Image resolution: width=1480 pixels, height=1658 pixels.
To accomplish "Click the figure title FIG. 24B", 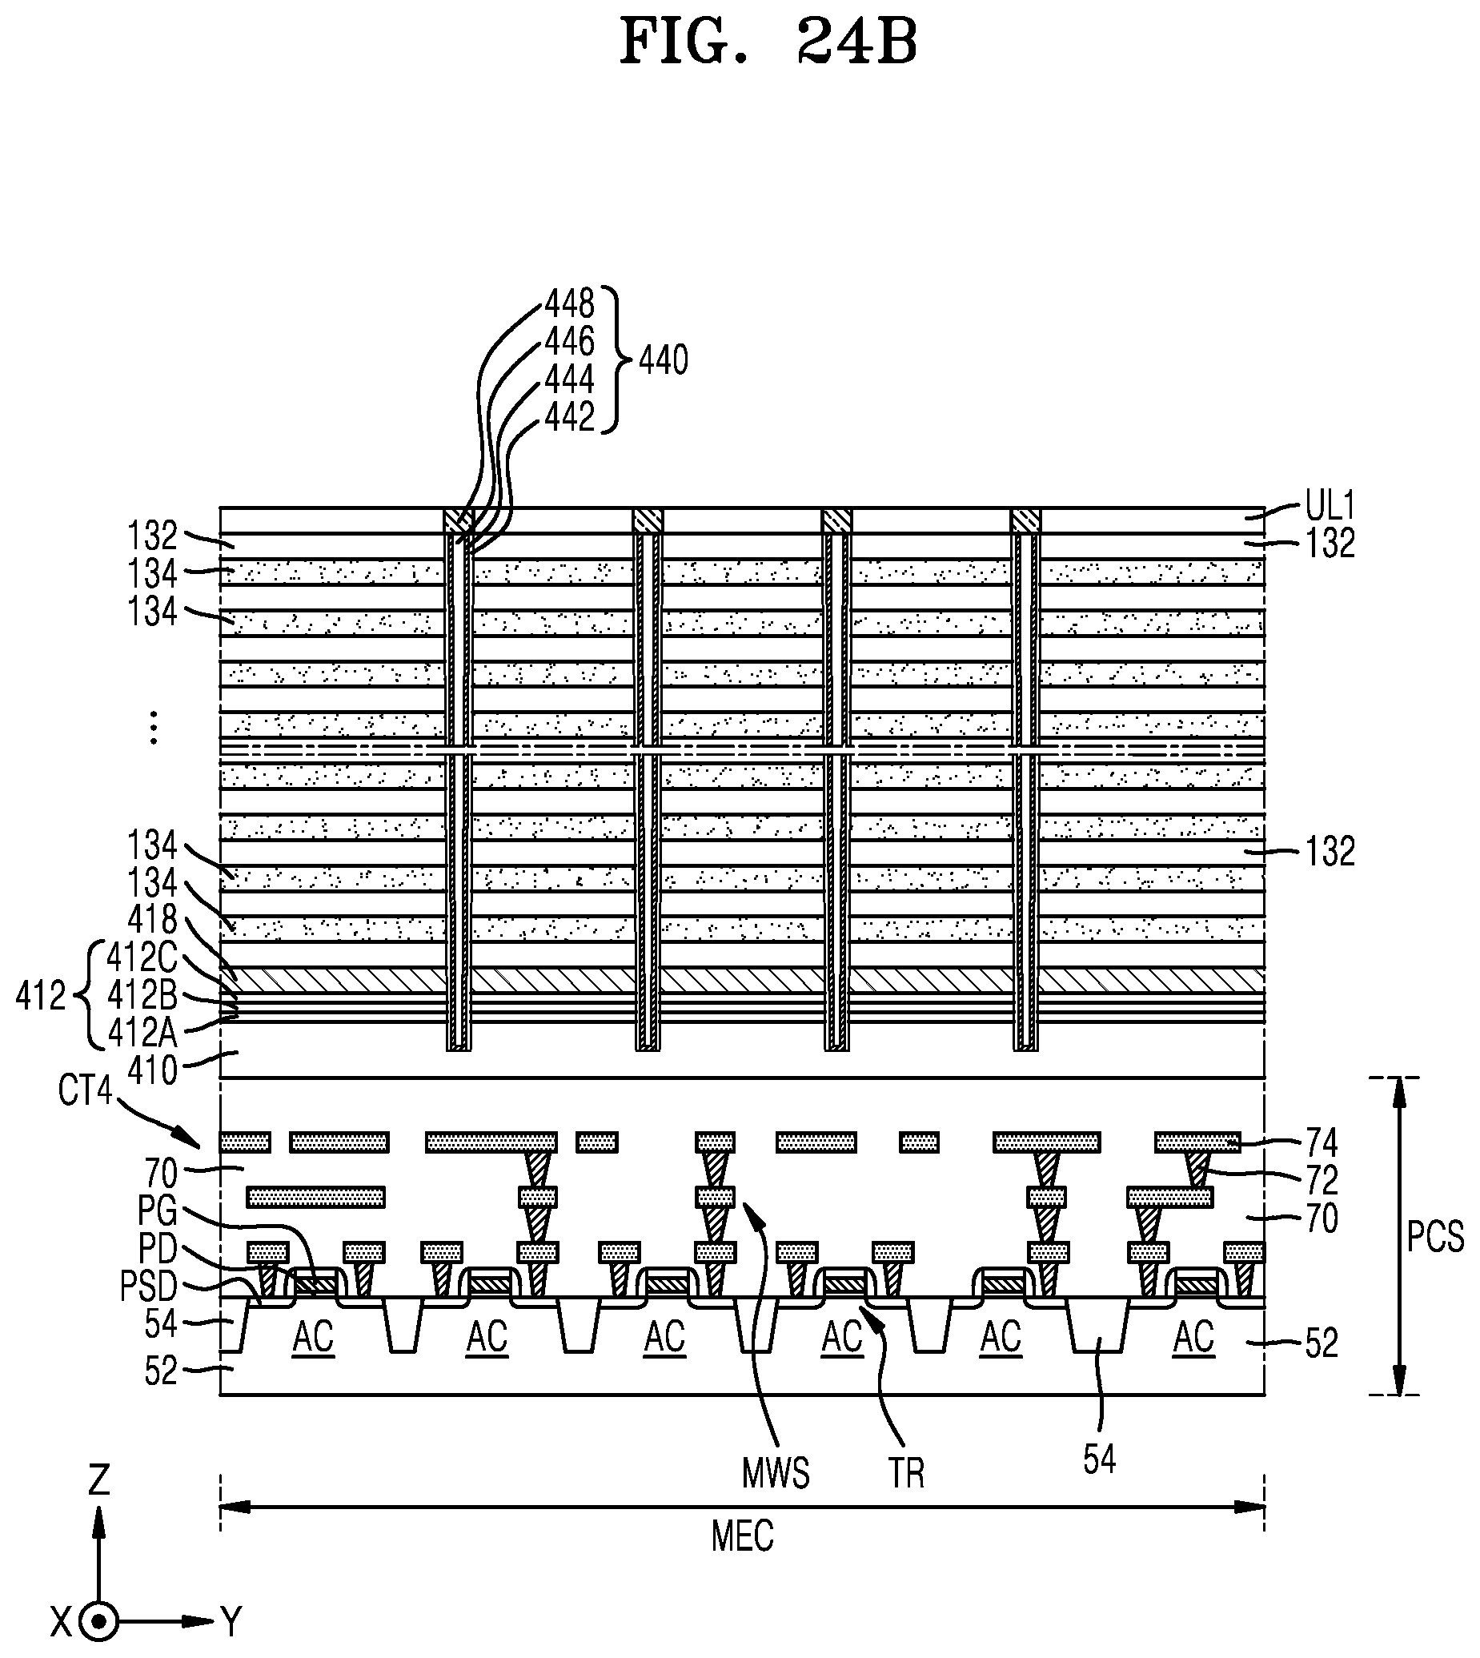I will click(x=768, y=42).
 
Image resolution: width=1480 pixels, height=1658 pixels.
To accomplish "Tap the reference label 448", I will click(x=569, y=304).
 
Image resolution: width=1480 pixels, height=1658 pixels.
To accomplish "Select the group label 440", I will click(x=663, y=359).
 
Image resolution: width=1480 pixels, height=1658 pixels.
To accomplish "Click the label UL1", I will click(x=1330, y=506).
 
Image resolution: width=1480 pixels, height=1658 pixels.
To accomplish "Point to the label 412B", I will click(x=142, y=994).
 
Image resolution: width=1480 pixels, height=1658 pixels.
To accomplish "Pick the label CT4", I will click(x=85, y=1090).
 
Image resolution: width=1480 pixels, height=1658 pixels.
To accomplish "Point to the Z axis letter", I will click(x=99, y=1480).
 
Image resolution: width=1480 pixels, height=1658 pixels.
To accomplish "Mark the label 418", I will click(x=152, y=919).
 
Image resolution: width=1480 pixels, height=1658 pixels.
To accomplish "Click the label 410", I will click(x=152, y=1071).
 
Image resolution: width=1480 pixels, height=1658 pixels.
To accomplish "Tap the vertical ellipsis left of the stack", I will click(x=153, y=728).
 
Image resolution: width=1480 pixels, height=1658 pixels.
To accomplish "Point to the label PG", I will click(x=157, y=1210).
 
